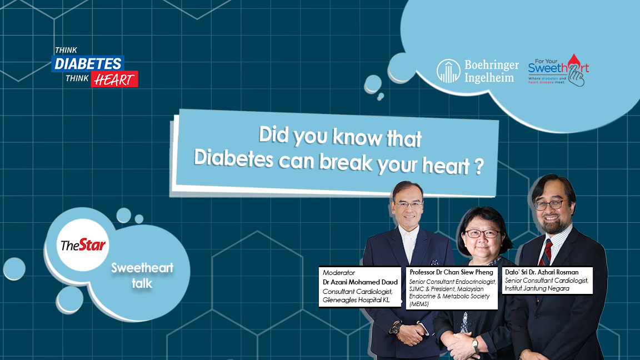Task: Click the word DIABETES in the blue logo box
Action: coord(88,64)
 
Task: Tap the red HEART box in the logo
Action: coord(114,79)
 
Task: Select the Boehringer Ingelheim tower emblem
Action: coord(448,71)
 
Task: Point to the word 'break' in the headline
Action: coord(346,162)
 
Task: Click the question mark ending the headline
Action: coord(479,167)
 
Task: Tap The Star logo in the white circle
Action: coord(83,245)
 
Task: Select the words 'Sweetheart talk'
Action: coord(142,276)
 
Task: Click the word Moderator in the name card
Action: coord(339,273)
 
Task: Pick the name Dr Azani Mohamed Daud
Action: coord(360,282)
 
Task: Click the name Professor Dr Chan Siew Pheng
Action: coord(452,272)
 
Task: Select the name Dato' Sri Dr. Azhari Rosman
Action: coord(542,272)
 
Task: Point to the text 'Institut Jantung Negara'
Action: coord(537,288)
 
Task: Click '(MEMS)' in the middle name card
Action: coord(419,304)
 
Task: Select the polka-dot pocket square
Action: coord(434,262)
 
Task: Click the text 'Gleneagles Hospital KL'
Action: coord(356,300)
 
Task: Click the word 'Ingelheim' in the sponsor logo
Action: coord(489,77)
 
